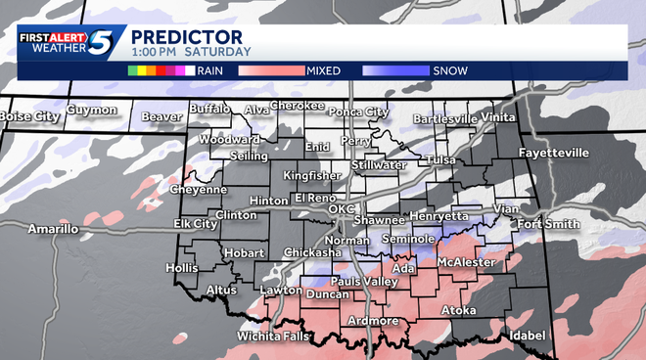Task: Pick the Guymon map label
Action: click(x=93, y=111)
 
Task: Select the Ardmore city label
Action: click(x=373, y=321)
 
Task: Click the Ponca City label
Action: click(x=358, y=112)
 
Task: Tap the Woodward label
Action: click(x=229, y=140)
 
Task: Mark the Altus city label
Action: click(x=222, y=290)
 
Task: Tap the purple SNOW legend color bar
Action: click(x=395, y=70)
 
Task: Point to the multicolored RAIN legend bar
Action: click(x=161, y=70)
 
